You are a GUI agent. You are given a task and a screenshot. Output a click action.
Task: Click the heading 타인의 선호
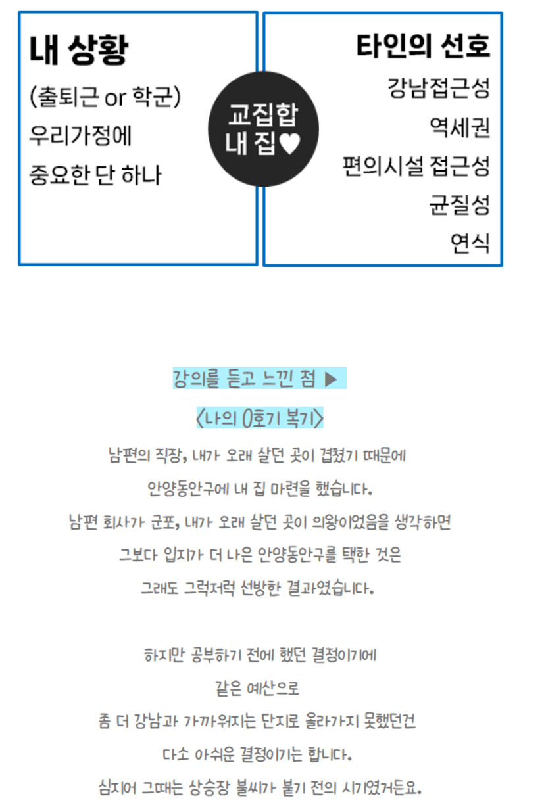[x=423, y=46]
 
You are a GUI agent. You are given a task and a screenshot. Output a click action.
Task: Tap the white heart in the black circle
[x=290, y=144]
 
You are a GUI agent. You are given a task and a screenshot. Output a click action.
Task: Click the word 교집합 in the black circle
[x=262, y=114]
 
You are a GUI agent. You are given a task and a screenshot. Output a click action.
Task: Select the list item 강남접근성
[x=439, y=88]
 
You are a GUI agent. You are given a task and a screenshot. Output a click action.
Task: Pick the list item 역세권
[x=460, y=127]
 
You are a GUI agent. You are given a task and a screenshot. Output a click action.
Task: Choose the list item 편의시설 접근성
[x=416, y=166]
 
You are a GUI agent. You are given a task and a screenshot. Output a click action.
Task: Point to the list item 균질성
[x=460, y=205]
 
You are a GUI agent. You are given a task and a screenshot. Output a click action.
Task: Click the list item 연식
[x=470, y=243]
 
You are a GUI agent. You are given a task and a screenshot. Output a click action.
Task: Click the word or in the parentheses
[x=115, y=98]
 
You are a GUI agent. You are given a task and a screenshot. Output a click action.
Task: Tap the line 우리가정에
[x=80, y=136]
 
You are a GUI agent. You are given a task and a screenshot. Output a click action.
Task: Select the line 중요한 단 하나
[x=95, y=175]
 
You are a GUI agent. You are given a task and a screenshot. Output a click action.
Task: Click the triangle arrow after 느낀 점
[x=331, y=379]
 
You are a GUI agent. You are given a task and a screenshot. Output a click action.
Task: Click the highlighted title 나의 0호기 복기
[x=260, y=418]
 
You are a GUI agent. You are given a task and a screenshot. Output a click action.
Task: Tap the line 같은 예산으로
[x=257, y=688]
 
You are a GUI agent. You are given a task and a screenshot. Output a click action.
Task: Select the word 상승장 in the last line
[x=209, y=788]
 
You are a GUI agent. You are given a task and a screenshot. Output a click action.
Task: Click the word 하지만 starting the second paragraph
[x=164, y=655]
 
